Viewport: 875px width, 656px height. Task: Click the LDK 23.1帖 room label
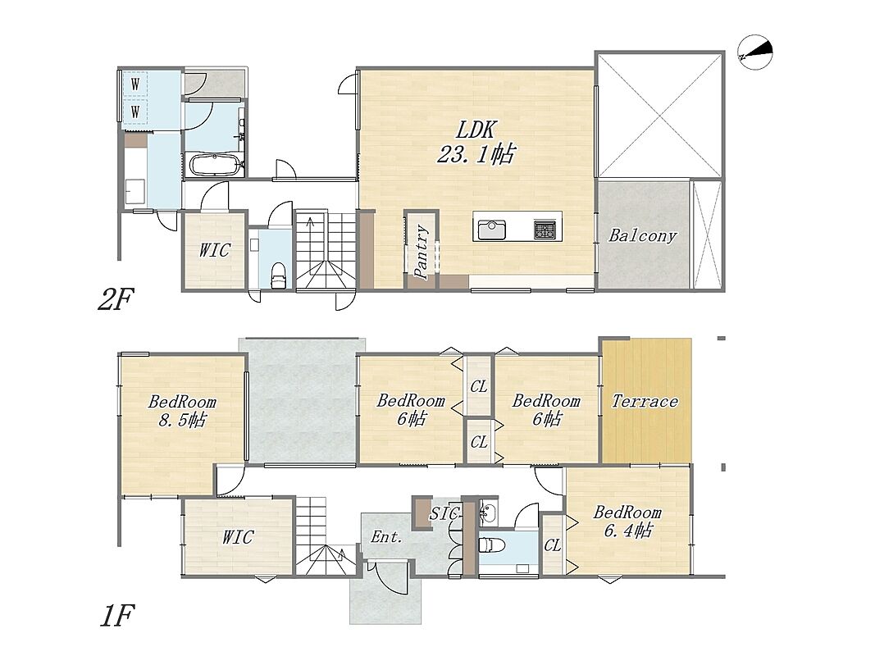tap(476, 143)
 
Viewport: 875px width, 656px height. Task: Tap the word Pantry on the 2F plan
tap(422, 252)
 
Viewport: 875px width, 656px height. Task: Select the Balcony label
tap(642, 236)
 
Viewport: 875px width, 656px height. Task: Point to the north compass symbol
tap(755, 53)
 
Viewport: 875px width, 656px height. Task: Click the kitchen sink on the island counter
tap(491, 230)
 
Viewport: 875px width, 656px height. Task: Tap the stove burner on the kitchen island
tap(544, 230)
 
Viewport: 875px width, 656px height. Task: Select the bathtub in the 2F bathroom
tap(216, 165)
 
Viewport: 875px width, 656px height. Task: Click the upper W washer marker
tap(135, 84)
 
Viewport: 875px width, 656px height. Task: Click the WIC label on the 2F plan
tap(215, 250)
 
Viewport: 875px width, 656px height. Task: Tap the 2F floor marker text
tap(115, 300)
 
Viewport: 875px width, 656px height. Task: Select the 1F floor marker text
tap(116, 617)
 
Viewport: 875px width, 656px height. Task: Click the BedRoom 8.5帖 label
tap(182, 411)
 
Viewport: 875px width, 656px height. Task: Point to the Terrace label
tap(645, 401)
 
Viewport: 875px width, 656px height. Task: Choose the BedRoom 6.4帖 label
tap(627, 521)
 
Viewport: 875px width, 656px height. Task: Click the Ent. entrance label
tap(387, 536)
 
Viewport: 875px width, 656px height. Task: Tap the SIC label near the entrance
tap(444, 514)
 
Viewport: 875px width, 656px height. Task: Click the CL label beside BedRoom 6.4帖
tap(553, 545)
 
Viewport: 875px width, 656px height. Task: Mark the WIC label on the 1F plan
tap(239, 537)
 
